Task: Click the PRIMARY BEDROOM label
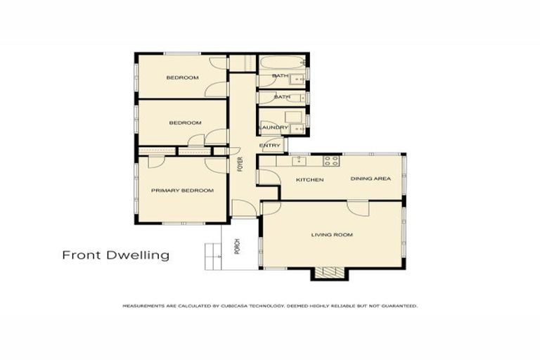coord(182,191)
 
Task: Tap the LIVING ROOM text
coord(332,234)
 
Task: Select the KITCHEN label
coord(309,180)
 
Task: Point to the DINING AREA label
coord(371,179)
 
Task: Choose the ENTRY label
coord(270,146)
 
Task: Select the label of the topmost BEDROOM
coord(181,77)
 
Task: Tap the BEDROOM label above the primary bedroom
coord(185,123)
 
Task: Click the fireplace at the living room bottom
coord(326,274)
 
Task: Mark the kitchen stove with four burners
coord(331,160)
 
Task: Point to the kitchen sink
coord(298,160)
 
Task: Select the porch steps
coord(213,255)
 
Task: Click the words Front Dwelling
coord(115,255)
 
